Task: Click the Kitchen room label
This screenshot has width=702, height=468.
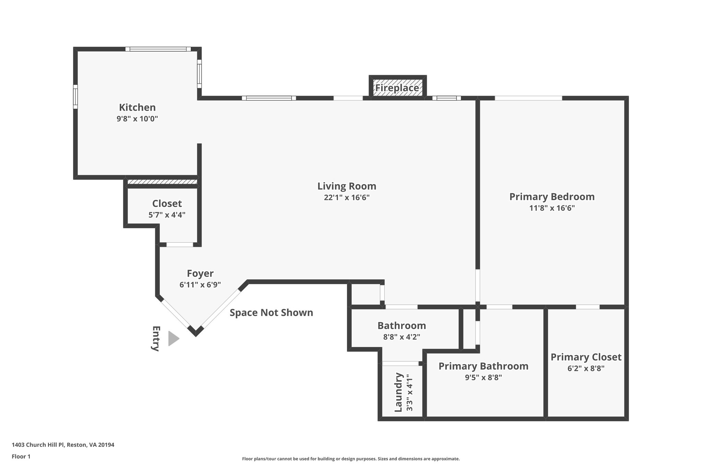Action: (x=137, y=107)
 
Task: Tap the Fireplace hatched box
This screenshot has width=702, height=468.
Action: (x=397, y=88)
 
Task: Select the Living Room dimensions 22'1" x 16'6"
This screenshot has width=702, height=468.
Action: (x=347, y=197)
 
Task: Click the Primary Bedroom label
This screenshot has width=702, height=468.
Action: (x=552, y=197)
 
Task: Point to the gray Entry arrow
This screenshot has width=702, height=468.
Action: (x=173, y=339)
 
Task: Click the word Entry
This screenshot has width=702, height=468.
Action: (x=156, y=339)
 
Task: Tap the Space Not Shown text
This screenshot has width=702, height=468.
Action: (x=271, y=313)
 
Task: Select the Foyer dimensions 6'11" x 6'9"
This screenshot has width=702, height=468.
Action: (x=200, y=285)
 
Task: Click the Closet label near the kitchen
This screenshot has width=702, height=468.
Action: (x=167, y=204)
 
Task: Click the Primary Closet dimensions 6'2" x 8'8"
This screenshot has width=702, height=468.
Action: (x=585, y=369)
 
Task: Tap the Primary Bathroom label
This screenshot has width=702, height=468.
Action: (x=483, y=366)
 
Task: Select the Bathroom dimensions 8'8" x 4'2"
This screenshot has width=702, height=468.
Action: (x=401, y=337)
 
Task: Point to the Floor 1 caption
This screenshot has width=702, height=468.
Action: (x=21, y=457)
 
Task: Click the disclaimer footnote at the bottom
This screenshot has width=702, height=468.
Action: (x=351, y=459)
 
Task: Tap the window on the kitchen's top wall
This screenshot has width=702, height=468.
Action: (x=158, y=49)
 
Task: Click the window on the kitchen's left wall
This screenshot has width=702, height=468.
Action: (x=75, y=97)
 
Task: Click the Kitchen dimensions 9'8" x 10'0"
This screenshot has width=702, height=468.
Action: (x=137, y=119)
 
